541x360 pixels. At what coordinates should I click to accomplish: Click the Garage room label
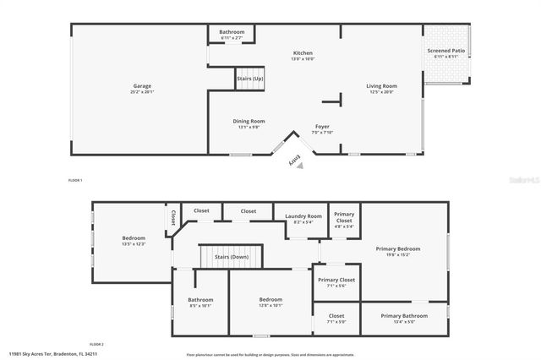click(x=141, y=87)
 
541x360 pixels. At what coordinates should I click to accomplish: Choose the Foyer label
click(x=323, y=128)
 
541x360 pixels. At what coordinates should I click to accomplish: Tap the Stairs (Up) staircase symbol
click(x=250, y=77)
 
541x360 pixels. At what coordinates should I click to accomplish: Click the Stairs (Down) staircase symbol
click(x=230, y=256)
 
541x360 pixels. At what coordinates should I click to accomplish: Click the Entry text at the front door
click(x=294, y=161)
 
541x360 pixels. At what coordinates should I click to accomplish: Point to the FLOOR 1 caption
click(x=75, y=181)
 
